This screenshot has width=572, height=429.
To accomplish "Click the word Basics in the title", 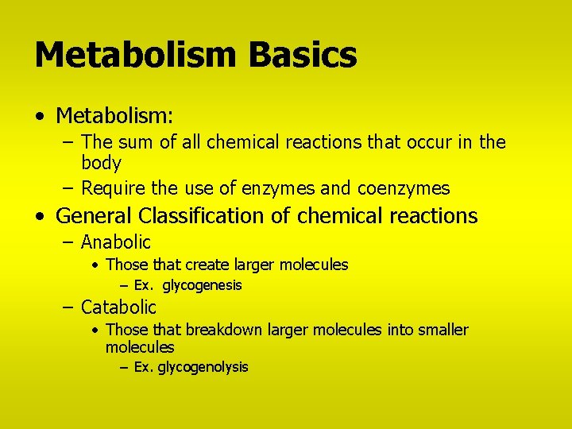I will click(x=303, y=55).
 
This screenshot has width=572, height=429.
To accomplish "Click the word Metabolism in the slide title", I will click(x=137, y=55).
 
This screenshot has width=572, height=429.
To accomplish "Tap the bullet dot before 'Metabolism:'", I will click(x=40, y=117).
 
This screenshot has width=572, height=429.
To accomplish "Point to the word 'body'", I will click(x=101, y=164).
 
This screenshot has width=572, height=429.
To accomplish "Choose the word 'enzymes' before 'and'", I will click(x=284, y=189).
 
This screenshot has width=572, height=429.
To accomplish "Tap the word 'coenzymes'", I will click(x=404, y=189).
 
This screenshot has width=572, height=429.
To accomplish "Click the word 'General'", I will click(x=95, y=215).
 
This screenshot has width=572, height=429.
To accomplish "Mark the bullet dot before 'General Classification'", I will click(x=40, y=216).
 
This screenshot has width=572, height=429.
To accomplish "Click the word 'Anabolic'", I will click(x=116, y=242).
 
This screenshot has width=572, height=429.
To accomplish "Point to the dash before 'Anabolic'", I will click(x=69, y=242).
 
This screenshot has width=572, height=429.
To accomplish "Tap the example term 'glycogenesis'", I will click(x=203, y=285).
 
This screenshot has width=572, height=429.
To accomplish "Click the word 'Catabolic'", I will click(x=118, y=307).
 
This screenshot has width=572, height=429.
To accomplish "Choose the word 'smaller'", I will click(x=440, y=330).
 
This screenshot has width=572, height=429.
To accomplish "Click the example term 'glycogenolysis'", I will click(x=203, y=367).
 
